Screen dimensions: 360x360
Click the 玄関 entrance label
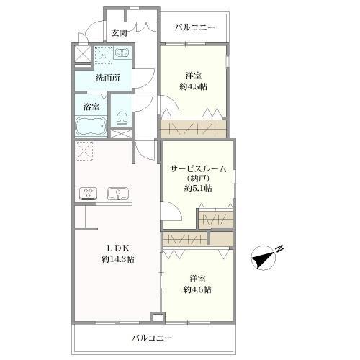119,33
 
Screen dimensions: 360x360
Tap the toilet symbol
122,116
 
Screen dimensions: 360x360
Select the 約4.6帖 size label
196,289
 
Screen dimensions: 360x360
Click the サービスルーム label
198,168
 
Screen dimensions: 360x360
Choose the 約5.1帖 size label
198,188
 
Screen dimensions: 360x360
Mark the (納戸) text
198,178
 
